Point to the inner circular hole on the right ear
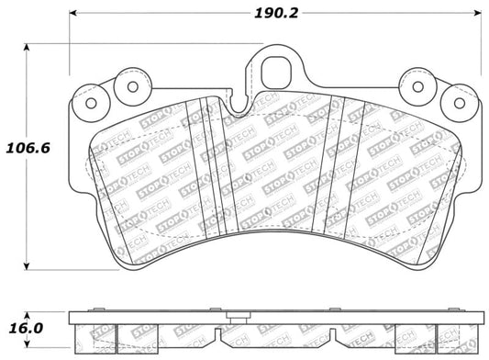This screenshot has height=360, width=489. [418, 88]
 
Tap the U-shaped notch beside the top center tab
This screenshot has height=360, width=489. [239, 108]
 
